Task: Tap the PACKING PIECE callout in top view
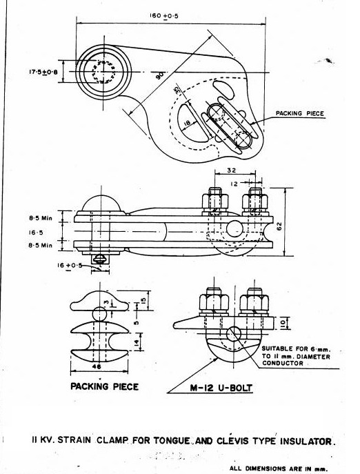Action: (x=299, y=112)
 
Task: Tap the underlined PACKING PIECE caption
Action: (x=104, y=387)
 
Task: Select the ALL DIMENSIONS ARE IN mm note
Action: (x=278, y=467)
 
